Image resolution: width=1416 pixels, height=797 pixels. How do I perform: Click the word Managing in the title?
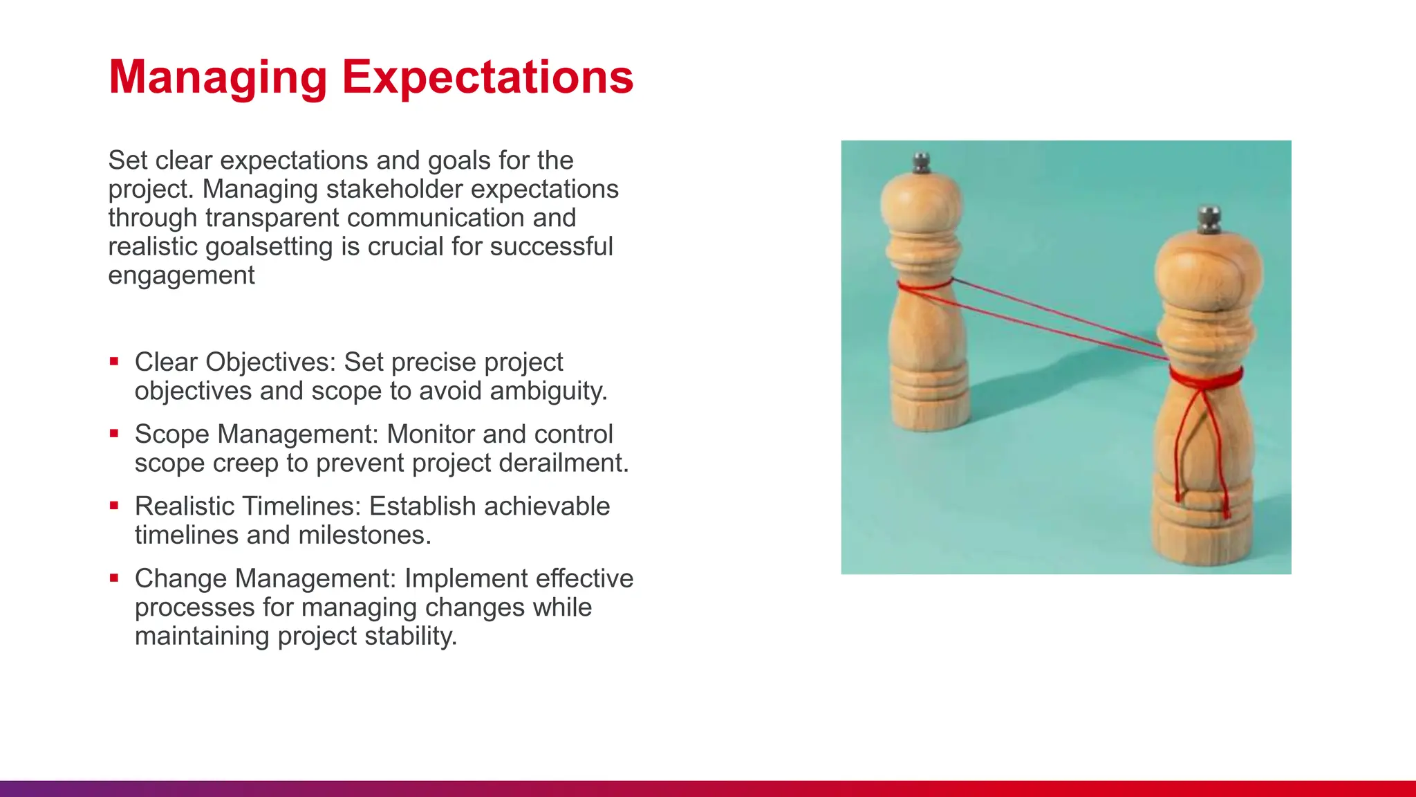(218, 77)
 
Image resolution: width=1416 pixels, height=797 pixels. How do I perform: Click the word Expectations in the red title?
(487, 77)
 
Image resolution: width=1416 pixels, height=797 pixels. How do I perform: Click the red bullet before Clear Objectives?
(114, 361)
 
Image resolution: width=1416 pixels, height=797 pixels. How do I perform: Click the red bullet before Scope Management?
(114, 434)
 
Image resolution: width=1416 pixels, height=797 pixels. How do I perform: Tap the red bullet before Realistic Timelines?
(114, 506)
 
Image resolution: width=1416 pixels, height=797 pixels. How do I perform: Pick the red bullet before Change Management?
(114, 578)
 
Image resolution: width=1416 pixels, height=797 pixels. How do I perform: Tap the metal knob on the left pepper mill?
(921, 163)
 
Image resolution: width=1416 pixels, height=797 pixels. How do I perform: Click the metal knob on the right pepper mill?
(1209, 219)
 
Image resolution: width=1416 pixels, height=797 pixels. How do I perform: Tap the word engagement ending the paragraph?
(181, 276)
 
